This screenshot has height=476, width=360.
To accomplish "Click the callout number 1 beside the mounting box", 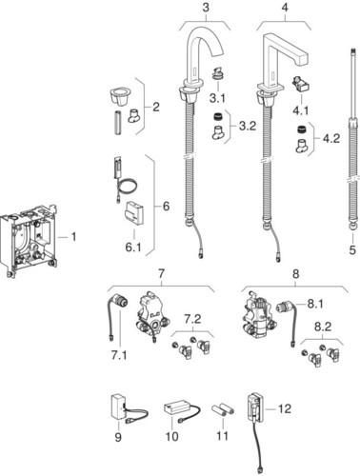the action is coord(73,237).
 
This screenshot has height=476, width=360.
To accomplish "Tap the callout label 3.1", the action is coord(217,98).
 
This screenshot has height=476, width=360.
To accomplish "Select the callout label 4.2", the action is coord(331,138).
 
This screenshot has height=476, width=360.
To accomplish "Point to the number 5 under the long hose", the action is coord(352,250).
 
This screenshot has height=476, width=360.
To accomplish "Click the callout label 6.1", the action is coord(133,247).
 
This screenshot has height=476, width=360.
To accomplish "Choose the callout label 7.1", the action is coord(119,355).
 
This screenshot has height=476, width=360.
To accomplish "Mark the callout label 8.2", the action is coord(323,327).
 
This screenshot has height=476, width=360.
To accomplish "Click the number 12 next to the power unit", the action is coord(285,408).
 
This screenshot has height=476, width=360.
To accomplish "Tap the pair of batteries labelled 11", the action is coord(223,409).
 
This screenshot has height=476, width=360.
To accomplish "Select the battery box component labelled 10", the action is coord(182,409).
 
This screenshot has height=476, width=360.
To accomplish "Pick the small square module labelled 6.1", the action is coord(134,212).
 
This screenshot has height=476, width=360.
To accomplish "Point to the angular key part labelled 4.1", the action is coord(301,84).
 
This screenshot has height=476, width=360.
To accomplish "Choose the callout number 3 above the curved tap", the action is coord(206,8).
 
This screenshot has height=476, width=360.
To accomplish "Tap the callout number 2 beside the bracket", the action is coord(156,107).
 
